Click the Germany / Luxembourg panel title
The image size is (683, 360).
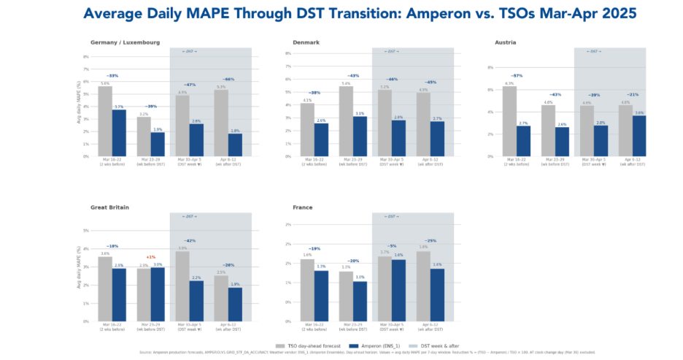coord(125,42)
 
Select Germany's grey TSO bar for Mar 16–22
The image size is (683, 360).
coord(105,121)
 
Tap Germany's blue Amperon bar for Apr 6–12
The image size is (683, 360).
coord(235,145)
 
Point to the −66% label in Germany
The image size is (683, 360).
coord(228,79)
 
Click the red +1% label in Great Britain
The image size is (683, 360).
coord(150,257)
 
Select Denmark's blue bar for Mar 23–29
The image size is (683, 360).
coord(360,137)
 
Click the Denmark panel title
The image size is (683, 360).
coord(306,42)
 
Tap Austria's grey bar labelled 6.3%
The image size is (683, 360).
coord(509,121)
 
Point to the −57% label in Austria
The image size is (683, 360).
coord(517,76)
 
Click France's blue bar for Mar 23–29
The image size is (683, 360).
coord(360,302)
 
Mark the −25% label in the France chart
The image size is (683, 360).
coord(431,241)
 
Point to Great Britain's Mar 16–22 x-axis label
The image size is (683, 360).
coord(112,326)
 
